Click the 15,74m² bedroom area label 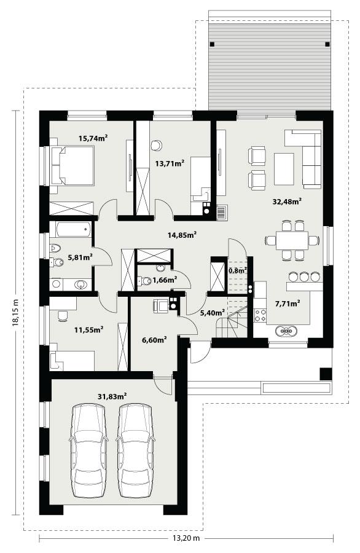coord(93,139)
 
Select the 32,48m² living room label coord(287,200)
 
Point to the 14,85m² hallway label coord(182,234)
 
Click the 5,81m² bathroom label coord(80,257)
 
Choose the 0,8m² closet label coord(238,270)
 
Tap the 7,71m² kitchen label coord(287,303)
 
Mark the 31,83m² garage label coord(112,396)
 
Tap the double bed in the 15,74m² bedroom coord(71,165)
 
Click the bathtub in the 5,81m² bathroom coord(71,230)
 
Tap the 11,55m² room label coord(88,329)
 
